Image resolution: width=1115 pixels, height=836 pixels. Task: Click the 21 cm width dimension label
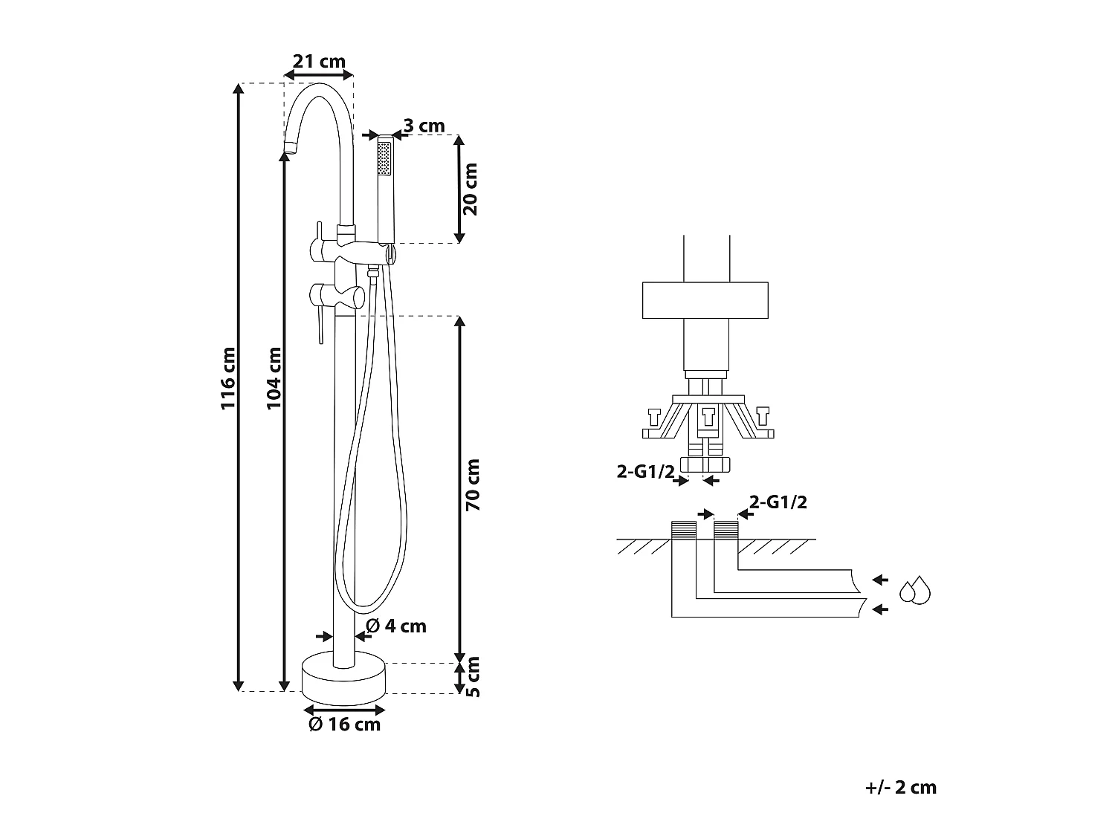coord(319,62)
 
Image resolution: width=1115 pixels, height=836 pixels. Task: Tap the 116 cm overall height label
coord(228,378)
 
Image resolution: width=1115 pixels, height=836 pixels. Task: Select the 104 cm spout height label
coord(274,378)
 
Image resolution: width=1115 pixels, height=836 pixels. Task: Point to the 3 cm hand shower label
coord(424,126)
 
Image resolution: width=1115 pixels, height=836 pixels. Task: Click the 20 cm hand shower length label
coord(471,189)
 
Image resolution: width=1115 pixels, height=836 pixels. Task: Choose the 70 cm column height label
coord(473,485)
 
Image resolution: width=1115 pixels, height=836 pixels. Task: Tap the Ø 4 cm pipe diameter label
coord(396,626)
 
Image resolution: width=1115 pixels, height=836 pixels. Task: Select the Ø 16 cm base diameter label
coord(344,724)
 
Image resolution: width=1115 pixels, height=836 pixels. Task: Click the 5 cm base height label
coord(473,677)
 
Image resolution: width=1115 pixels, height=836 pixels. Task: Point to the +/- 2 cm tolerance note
coord(901,787)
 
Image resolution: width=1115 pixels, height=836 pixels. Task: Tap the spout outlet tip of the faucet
coord(290,148)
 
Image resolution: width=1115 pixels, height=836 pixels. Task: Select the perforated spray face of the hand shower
coord(384,159)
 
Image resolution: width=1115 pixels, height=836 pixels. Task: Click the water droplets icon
coord(915,590)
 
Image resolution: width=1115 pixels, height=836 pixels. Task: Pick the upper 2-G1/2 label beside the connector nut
coord(645,472)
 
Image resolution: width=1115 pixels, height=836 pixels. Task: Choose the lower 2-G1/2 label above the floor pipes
coord(778,502)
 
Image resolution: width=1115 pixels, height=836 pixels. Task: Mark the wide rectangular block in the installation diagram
coord(705,300)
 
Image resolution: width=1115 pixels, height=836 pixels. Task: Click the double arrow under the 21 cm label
coord(318,75)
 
